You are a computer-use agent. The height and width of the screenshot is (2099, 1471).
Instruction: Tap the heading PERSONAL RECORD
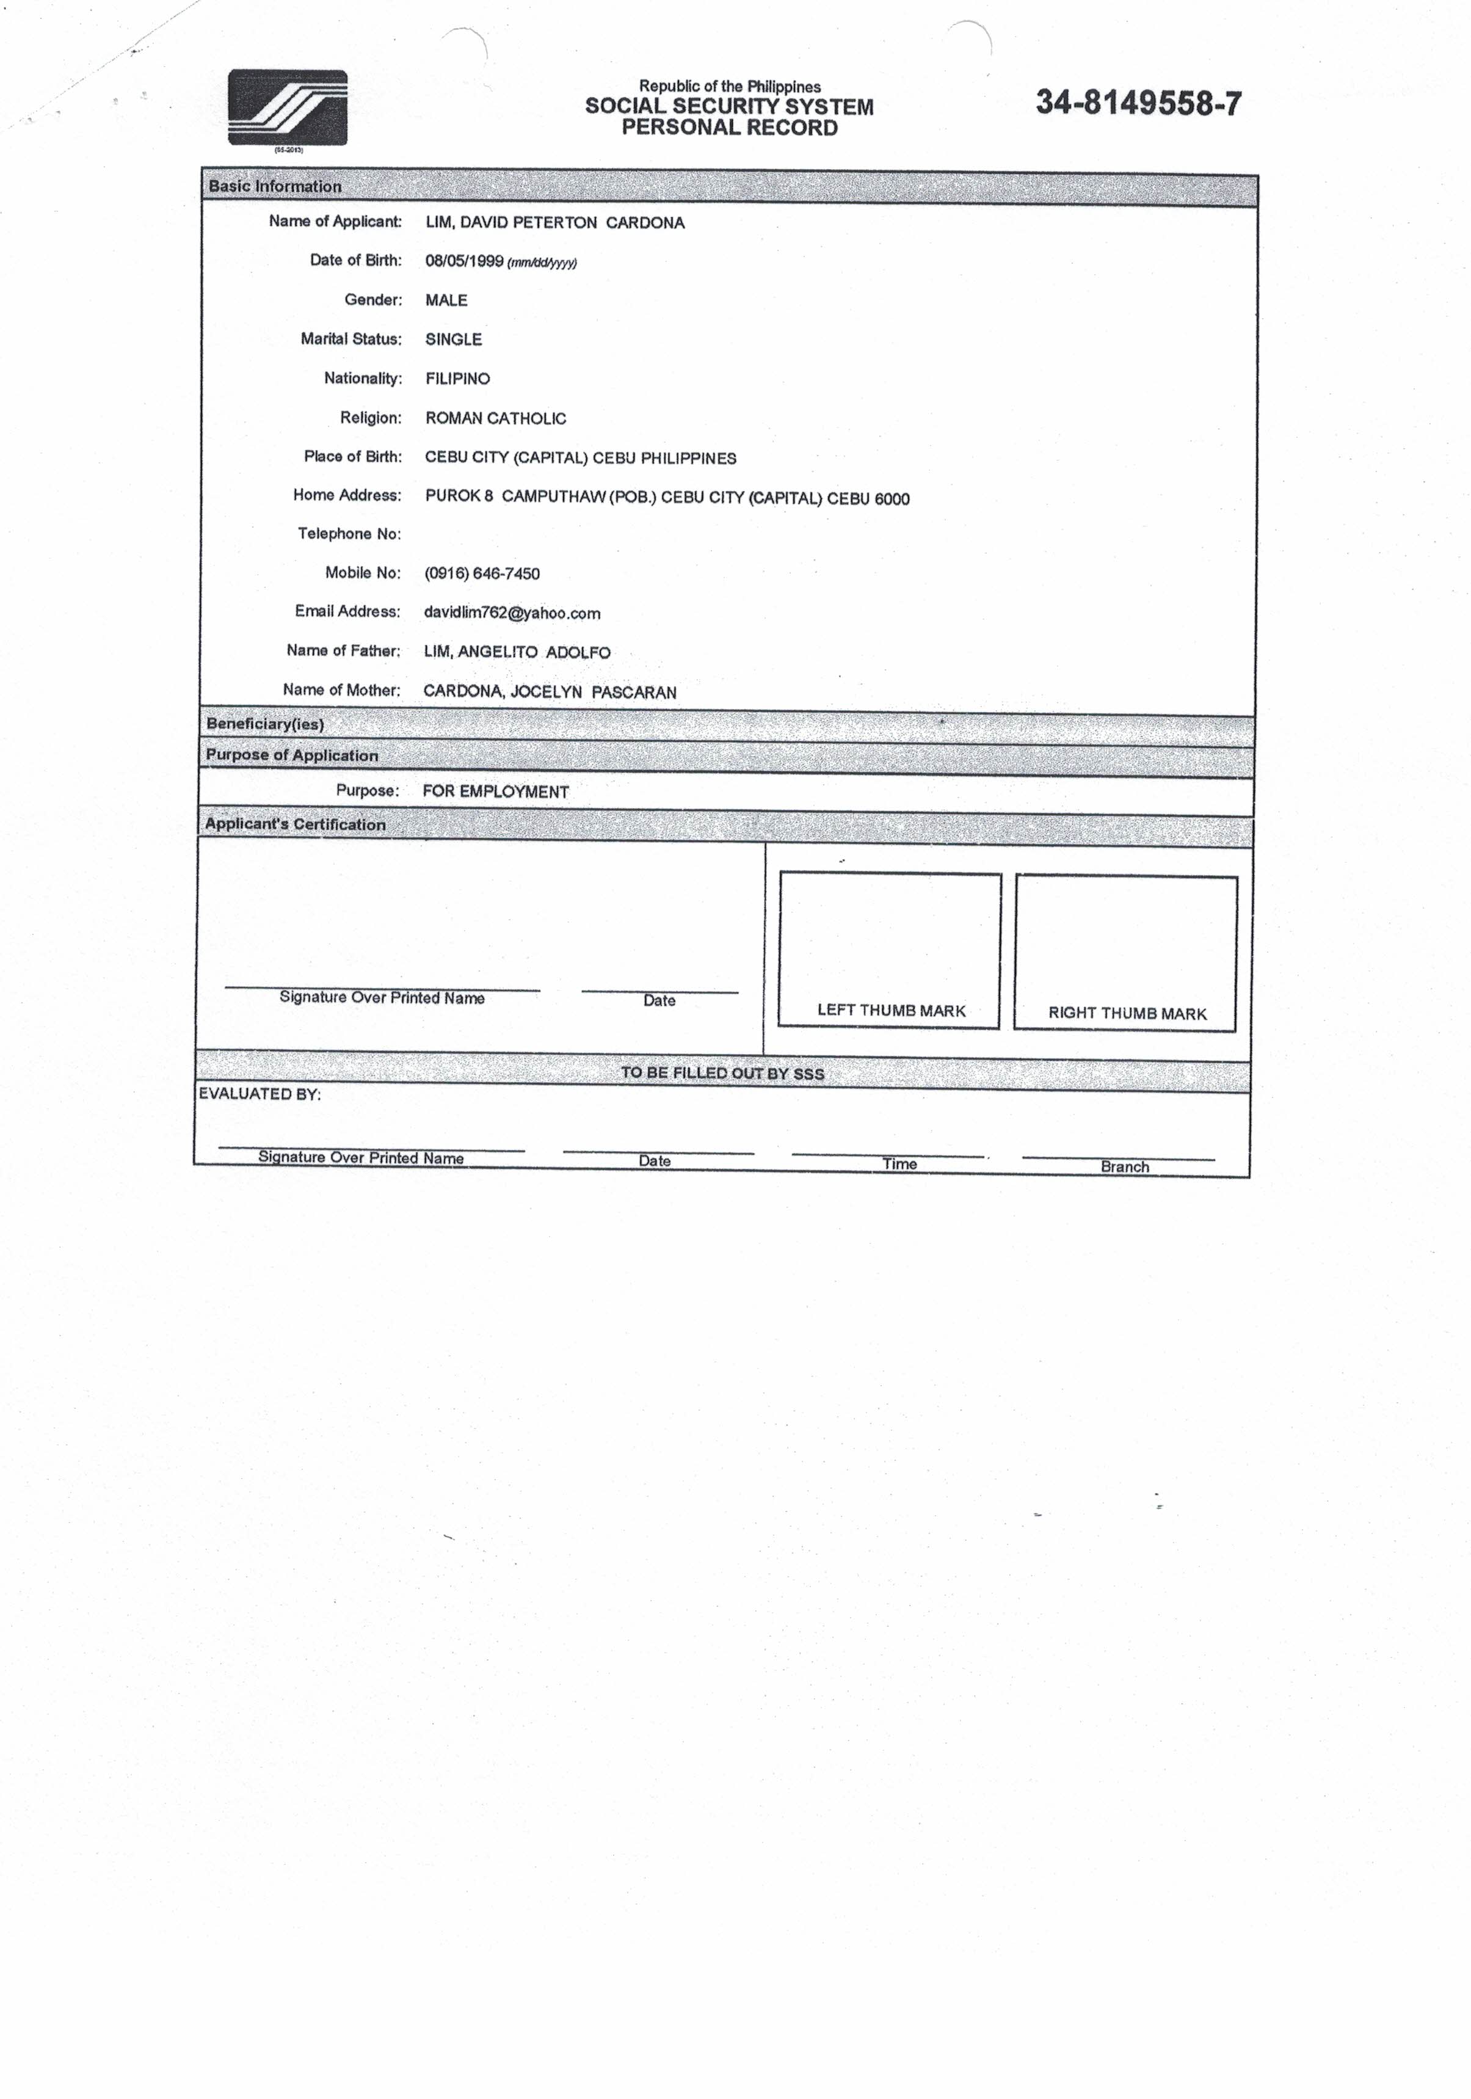pyautogui.click(x=730, y=128)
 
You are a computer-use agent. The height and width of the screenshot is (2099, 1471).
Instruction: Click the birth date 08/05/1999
pyautogui.click(x=465, y=261)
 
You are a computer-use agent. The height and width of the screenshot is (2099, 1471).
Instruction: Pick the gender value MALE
pyautogui.click(x=446, y=300)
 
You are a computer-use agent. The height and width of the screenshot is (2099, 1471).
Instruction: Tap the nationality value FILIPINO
pyautogui.click(x=457, y=379)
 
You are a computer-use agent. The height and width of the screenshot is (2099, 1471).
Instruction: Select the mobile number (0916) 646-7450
pyautogui.click(x=482, y=574)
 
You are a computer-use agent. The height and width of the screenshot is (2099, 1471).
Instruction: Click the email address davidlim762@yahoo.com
pyautogui.click(x=512, y=613)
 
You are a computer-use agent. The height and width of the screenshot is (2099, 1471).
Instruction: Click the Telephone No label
pyautogui.click(x=349, y=534)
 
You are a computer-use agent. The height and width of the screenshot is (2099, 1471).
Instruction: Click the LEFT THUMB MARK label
pyautogui.click(x=892, y=1010)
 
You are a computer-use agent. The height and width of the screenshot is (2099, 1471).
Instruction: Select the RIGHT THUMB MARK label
pyautogui.click(x=1127, y=1013)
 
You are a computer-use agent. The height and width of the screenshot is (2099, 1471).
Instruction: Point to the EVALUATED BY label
pyautogui.click(x=260, y=1094)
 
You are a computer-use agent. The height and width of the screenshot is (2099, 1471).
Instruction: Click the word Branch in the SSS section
pyautogui.click(x=1125, y=1166)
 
